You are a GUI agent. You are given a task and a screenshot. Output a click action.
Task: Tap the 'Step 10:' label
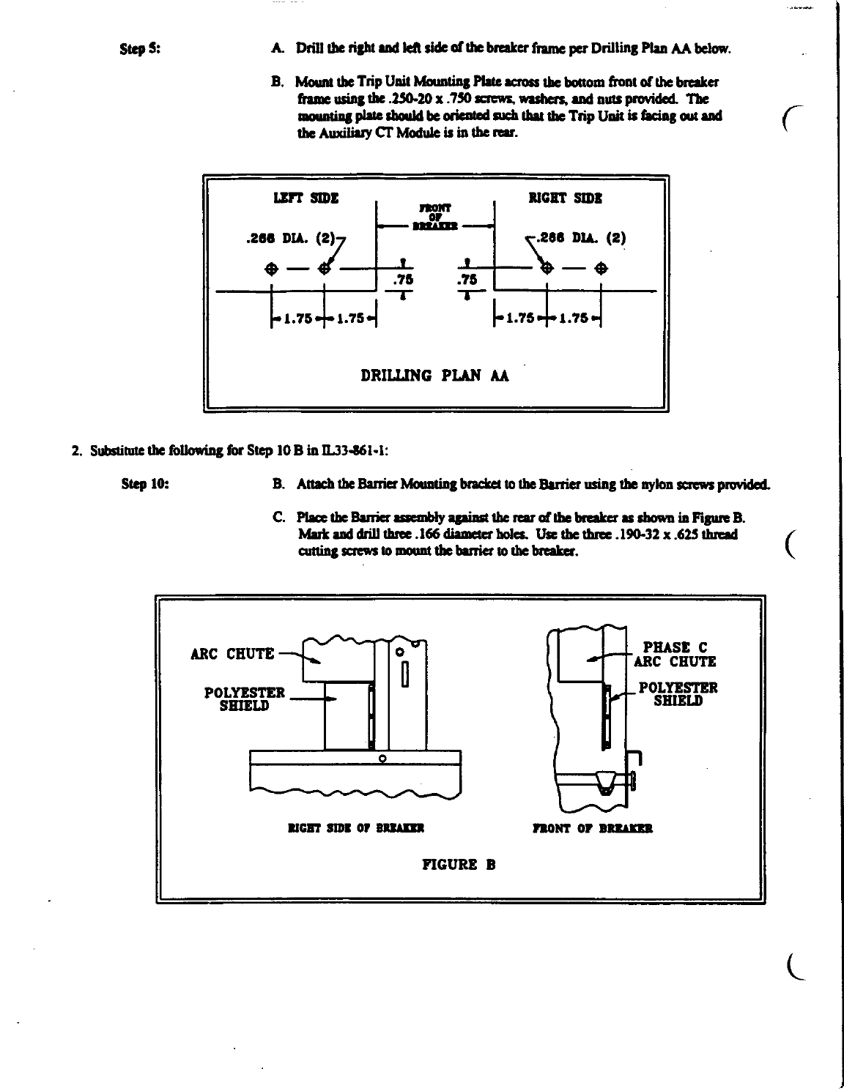[143, 484]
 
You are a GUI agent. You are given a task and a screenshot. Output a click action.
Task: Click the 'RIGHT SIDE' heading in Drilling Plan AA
[566, 198]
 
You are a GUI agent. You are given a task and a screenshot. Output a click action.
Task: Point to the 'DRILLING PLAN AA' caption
[435, 376]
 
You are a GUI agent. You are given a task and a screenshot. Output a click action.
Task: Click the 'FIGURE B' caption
[459, 864]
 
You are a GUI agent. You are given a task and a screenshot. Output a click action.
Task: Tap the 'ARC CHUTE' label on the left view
[232, 654]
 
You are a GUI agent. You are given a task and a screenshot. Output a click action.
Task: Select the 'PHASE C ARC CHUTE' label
[674, 655]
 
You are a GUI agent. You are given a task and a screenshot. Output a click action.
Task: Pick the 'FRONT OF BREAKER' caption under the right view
[592, 829]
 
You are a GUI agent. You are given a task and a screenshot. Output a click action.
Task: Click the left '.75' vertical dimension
[403, 279]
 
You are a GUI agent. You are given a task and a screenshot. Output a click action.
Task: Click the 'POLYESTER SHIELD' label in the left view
[244, 699]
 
